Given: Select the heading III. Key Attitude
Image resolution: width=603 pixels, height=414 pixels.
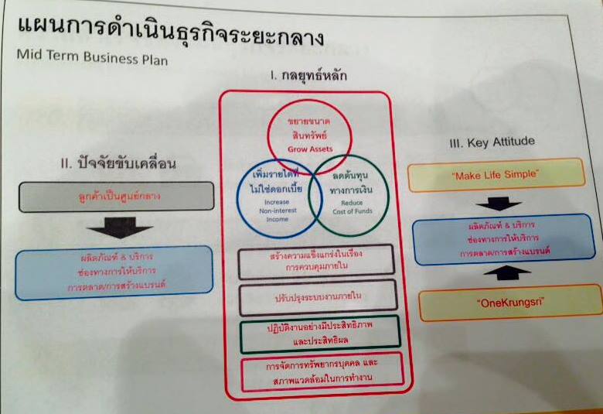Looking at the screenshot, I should coord(491,142).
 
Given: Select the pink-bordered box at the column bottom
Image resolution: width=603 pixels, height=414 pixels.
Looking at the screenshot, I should coord(322,371).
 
